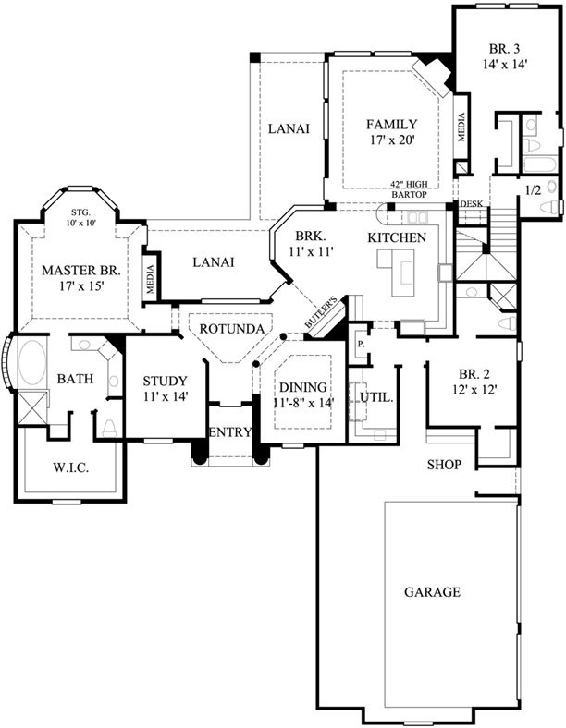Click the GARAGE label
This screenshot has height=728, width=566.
coord(432,592)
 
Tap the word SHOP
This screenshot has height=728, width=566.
coord(443,464)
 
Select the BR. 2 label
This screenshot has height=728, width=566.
coord(473,374)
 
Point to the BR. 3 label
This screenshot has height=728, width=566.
coord(504,49)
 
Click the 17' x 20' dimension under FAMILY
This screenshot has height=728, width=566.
coord(390,140)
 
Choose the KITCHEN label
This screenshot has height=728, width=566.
coord(397,237)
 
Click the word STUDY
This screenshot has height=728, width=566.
coord(166,381)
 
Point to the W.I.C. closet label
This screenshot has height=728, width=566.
coord(69,468)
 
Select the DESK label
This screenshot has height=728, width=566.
coord(471,205)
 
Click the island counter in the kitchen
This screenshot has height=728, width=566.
coord(404,274)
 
